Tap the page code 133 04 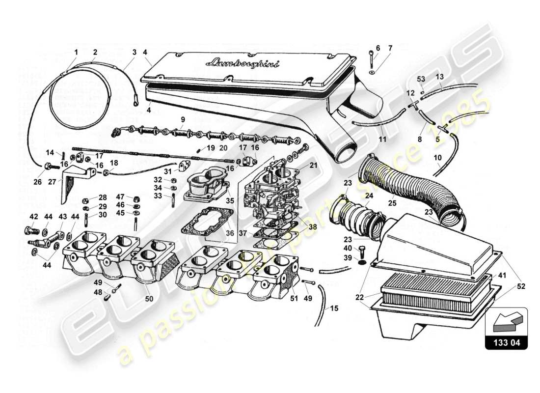click(506, 343)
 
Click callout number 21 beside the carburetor click(313, 166)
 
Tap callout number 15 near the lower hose click(334, 309)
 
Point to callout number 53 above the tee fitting click(421, 79)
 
